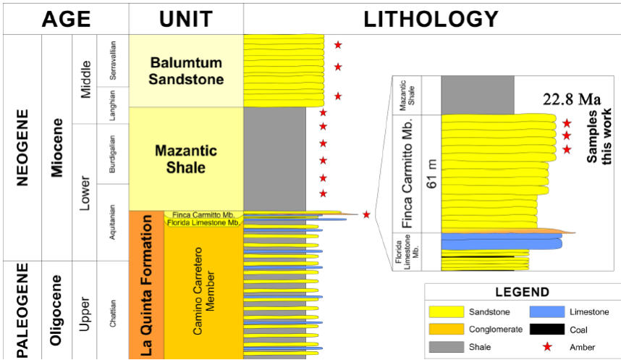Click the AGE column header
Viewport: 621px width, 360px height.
[66, 19]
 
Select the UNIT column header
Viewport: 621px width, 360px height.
[186, 19]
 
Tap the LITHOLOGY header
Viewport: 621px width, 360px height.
[431, 19]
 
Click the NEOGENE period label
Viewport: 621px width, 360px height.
[22, 148]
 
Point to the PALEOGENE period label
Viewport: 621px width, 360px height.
[22, 310]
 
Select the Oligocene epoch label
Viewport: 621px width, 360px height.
[57, 310]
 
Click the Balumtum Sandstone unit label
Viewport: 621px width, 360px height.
[186, 71]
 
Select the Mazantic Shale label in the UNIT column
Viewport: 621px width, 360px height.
[186, 159]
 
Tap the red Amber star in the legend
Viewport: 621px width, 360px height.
[548, 347]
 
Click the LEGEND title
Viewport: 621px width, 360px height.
[522, 293]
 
